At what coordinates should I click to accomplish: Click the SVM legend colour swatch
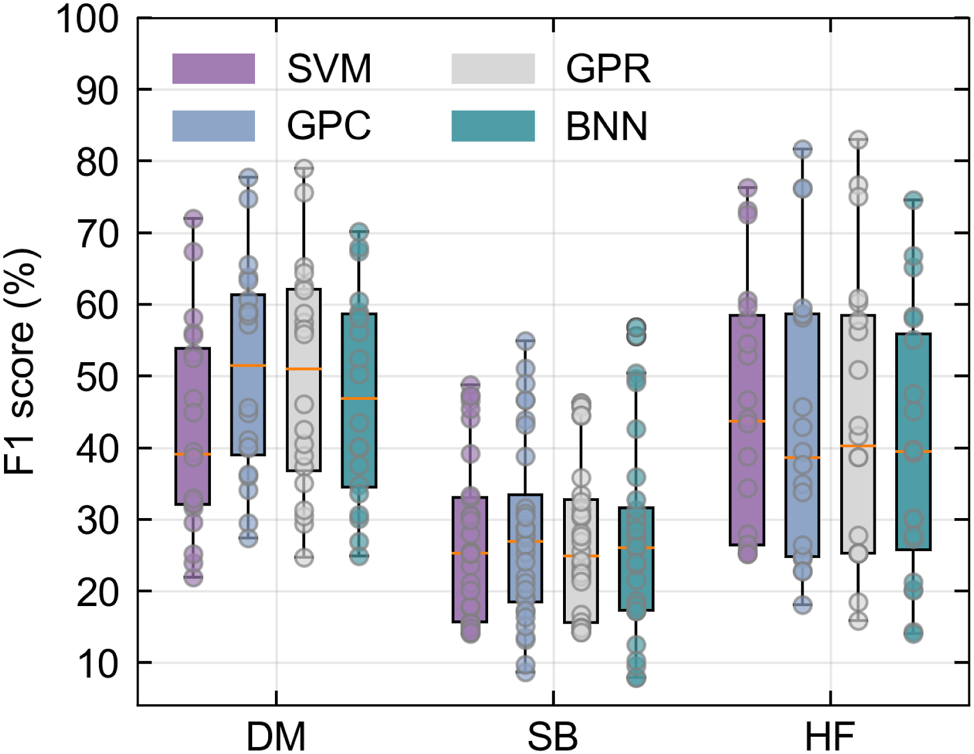(x=213, y=69)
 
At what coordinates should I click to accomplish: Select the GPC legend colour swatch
(x=213, y=126)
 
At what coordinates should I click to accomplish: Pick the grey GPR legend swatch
(x=493, y=69)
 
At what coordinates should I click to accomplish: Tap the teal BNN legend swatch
(x=493, y=126)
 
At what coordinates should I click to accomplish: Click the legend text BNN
(x=606, y=126)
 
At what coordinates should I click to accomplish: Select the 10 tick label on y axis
(x=98, y=664)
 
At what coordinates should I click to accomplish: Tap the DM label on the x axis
(x=276, y=736)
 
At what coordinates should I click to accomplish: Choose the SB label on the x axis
(x=553, y=736)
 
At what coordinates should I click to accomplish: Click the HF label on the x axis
(x=830, y=736)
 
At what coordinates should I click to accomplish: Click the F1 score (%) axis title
(x=21, y=362)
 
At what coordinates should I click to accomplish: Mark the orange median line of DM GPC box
(x=248, y=365)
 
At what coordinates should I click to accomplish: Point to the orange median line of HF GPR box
(x=858, y=446)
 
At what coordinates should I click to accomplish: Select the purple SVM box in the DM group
(x=193, y=426)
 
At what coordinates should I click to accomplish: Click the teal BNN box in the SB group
(x=636, y=559)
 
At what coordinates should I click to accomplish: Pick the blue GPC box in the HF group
(x=803, y=435)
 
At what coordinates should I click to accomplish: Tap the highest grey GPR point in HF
(x=858, y=139)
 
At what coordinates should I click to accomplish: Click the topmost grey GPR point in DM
(x=304, y=169)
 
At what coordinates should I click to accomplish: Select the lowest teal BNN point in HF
(x=913, y=633)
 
